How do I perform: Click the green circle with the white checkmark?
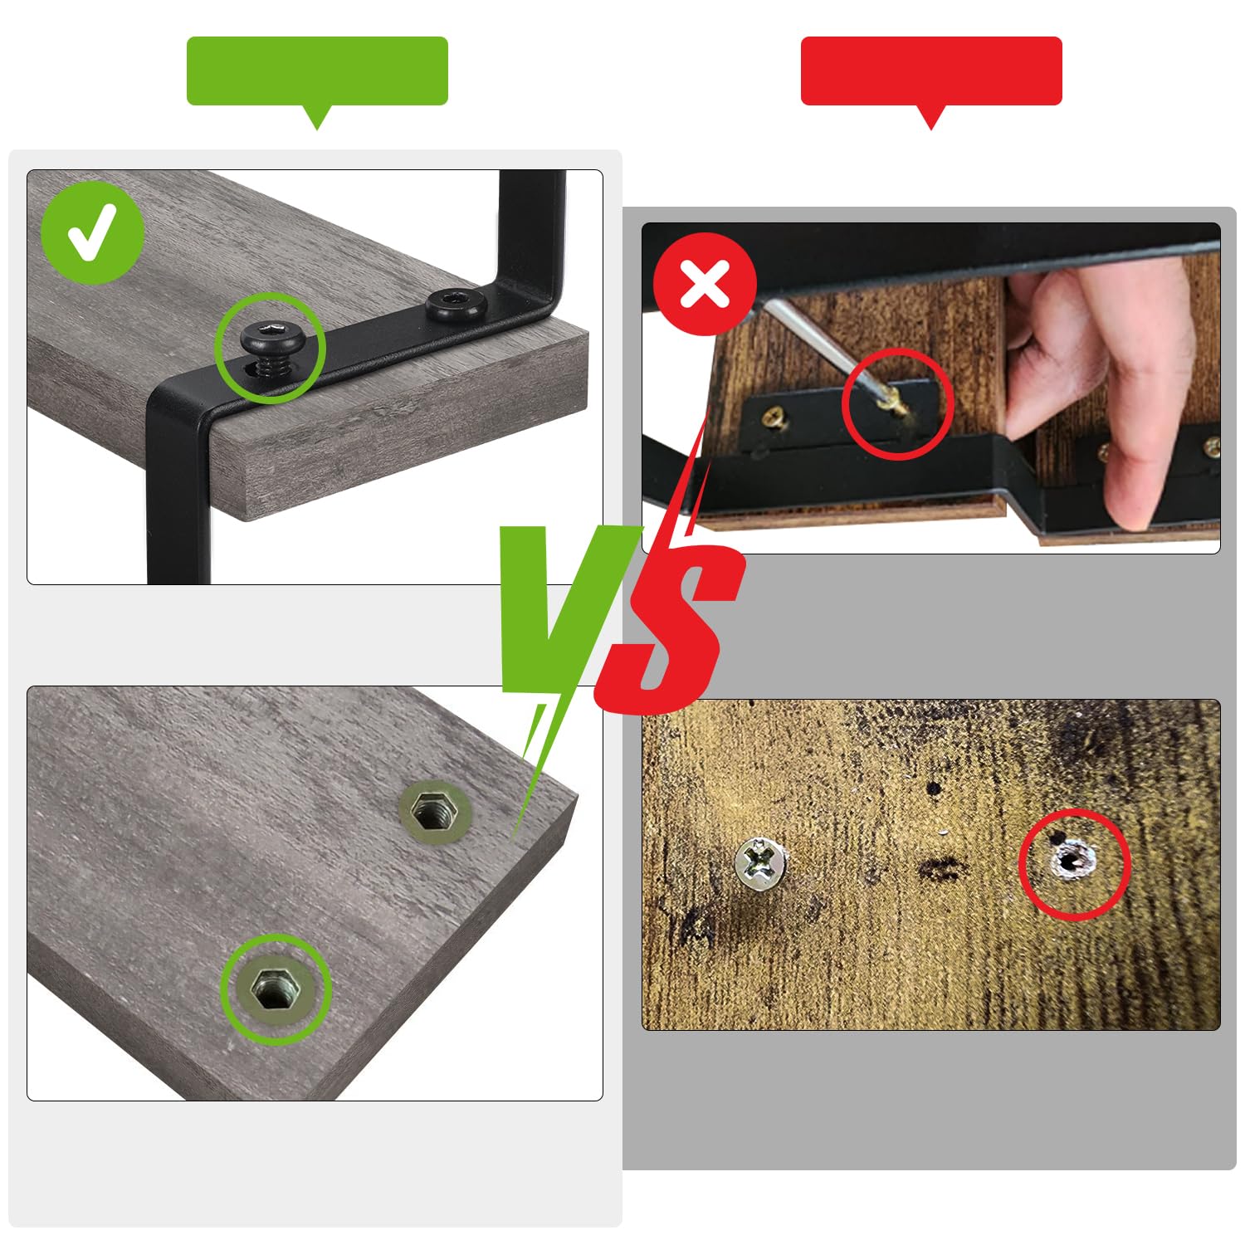point(92,233)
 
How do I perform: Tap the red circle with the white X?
point(705,284)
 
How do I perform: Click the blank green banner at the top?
point(317,71)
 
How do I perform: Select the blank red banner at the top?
point(931,71)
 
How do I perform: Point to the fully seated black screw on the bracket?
point(456,305)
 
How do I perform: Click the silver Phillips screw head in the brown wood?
point(760,863)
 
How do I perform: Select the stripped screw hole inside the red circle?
point(1073,862)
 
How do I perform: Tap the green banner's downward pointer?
point(317,117)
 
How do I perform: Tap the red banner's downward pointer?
point(931,117)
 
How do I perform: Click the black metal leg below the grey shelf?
point(178,490)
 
